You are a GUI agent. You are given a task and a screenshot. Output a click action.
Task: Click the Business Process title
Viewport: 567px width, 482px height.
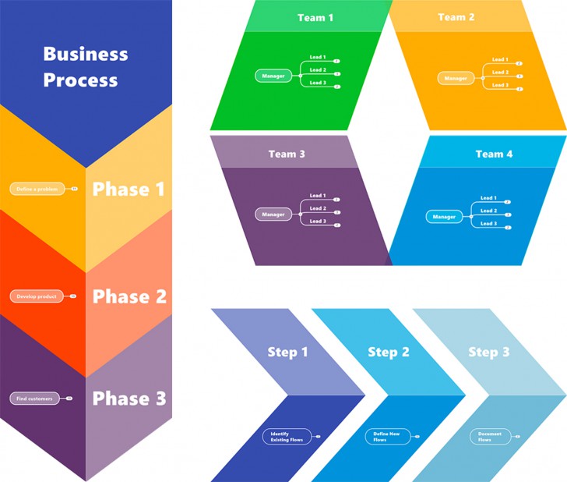(85, 67)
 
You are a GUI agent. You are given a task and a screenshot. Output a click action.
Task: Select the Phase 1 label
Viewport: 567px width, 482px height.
(129, 190)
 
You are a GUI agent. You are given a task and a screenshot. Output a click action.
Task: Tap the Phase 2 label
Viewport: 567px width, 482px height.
(129, 296)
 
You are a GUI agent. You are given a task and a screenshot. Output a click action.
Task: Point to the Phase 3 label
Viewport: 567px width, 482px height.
(129, 399)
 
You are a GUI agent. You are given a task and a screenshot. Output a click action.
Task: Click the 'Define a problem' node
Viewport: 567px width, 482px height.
(38, 189)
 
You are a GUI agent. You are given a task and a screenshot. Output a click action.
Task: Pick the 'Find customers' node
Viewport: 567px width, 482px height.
(35, 399)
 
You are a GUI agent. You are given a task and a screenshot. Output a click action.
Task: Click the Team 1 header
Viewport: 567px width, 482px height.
(315, 17)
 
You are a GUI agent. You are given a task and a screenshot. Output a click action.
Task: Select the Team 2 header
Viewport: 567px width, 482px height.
(456, 17)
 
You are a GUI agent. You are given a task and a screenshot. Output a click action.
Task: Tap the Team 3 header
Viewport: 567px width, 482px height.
(287, 154)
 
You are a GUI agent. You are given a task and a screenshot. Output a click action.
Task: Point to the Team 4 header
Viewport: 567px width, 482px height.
(494, 154)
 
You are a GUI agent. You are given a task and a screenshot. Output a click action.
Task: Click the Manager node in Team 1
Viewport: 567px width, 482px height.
(273, 76)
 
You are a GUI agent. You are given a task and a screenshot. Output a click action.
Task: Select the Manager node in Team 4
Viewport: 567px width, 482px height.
(444, 217)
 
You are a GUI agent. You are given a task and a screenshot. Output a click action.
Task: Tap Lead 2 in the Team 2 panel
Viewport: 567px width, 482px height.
(500, 73)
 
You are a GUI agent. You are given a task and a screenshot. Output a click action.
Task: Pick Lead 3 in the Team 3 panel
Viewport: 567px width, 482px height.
(318, 222)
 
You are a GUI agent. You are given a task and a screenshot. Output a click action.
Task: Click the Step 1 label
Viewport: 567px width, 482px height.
(287, 353)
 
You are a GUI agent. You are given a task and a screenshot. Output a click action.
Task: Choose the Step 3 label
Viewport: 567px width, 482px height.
(488, 353)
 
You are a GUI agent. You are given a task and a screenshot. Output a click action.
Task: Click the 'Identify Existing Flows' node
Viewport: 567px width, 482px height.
(287, 436)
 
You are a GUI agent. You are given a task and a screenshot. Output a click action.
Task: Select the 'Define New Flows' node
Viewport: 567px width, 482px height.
(388, 436)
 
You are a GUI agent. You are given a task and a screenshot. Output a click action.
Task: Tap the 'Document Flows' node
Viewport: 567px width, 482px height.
(490, 436)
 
